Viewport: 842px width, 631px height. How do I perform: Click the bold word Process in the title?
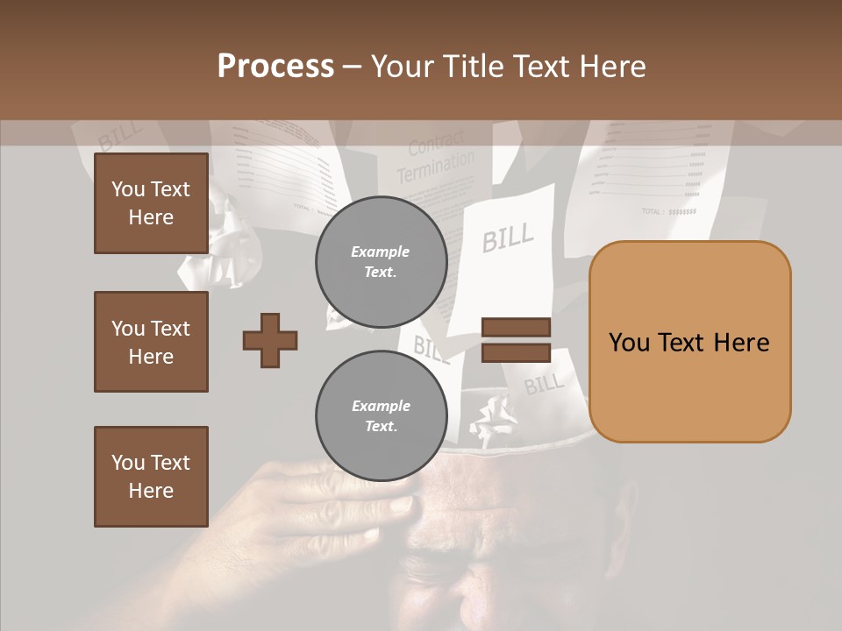point(275,67)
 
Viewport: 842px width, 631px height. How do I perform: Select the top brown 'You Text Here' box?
point(151,203)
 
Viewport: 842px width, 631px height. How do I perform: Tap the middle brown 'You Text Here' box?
point(151,342)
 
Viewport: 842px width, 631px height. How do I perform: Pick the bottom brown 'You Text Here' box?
point(151,477)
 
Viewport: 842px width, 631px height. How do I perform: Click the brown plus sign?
point(270,340)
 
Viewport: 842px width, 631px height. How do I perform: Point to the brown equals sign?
point(516,340)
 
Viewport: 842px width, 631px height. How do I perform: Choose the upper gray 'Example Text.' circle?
point(381,262)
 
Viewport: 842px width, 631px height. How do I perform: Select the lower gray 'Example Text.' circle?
point(381,416)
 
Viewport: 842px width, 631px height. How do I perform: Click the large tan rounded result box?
point(689,342)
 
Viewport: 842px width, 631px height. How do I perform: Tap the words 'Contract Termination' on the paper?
point(435,160)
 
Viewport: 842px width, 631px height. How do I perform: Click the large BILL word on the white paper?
point(508,237)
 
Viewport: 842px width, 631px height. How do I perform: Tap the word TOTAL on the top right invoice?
point(652,211)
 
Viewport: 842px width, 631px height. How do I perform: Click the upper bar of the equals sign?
point(516,328)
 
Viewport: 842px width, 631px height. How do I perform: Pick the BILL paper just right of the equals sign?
point(545,383)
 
